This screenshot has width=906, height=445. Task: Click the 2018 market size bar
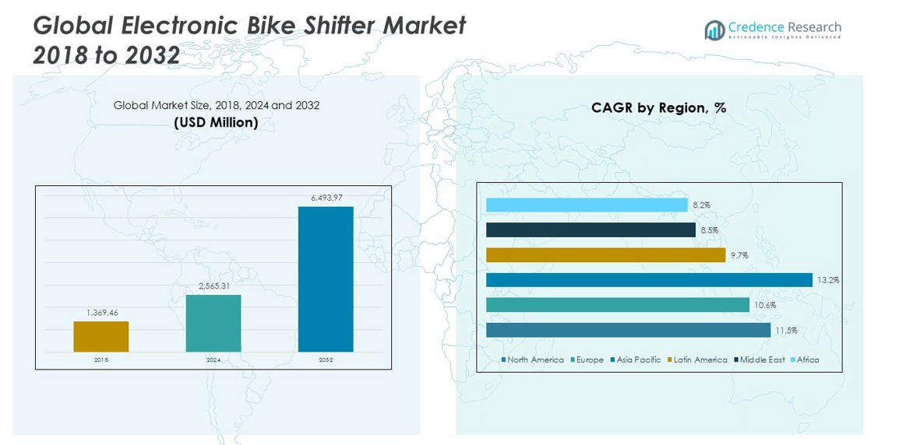(x=101, y=336)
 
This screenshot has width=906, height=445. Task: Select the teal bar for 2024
(x=213, y=323)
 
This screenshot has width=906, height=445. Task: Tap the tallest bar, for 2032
(x=326, y=279)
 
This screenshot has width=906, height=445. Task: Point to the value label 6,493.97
(x=326, y=198)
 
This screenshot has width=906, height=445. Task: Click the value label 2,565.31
(x=213, y=286)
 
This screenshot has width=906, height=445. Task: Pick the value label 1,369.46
(x=101, y=312)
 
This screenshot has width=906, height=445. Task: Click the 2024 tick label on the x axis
(x=213, y=360)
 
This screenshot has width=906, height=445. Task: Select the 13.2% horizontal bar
(x=649, y=280)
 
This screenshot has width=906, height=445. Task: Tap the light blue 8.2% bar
(x=587, y=205)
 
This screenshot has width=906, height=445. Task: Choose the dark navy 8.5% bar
(x=590, y=230)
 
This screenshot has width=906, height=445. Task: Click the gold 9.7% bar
(x=605, y=255)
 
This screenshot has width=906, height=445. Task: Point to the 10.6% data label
(x=764, y=305)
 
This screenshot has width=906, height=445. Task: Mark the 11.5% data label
(x=785, y=330)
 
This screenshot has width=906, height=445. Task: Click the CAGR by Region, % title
(x=658, y=108)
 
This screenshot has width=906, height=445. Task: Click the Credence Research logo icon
(x=714, y=30)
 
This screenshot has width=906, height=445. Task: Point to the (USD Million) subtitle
(x=216, y=122)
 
